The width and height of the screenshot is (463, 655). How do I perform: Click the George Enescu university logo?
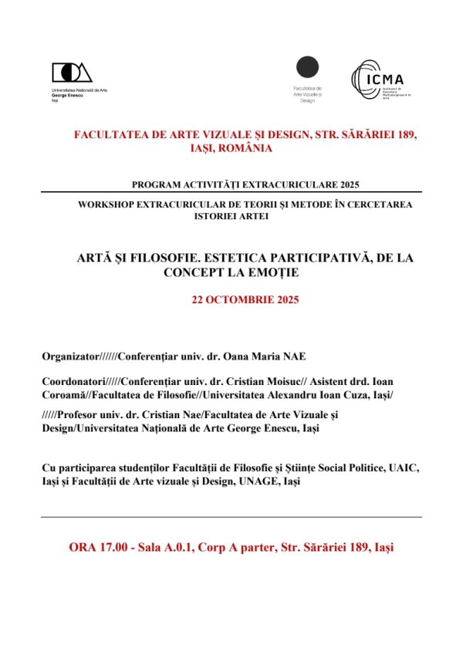point(72,73)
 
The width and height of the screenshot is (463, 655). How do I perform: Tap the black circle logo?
point(308,69)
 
